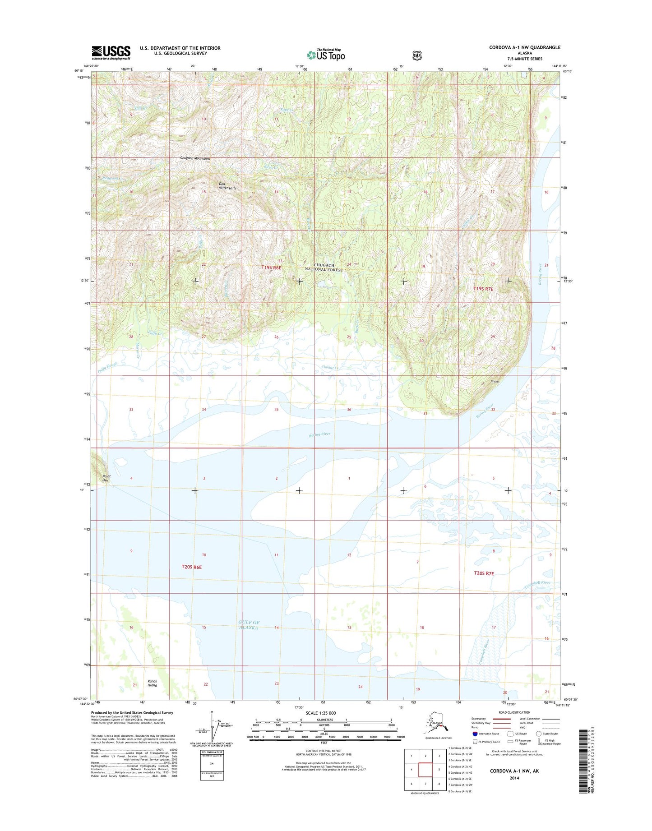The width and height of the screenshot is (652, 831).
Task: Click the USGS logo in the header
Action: click(x=111, y=52)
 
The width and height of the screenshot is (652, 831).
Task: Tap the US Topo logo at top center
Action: click(x=326, y=55)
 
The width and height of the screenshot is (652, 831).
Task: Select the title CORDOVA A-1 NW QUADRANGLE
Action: click(x=525, y=47)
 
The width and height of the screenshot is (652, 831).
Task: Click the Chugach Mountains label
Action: click(x=195, y=159)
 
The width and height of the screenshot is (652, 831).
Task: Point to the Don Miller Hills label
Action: click(x=227, y=186)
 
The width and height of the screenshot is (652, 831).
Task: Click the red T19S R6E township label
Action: click(x=271, y=268)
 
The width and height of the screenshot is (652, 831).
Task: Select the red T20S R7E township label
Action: click(x=484, y=573)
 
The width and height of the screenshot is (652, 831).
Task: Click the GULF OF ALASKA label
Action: click(x=249, y=625)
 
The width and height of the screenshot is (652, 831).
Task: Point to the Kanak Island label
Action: click(x=152, y=683)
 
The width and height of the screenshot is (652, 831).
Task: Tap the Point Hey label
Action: click(x=106, y=478)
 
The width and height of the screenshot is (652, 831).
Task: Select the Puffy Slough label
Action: click(x=107, y=367)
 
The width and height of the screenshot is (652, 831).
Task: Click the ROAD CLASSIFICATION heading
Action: click(x=515, y=712)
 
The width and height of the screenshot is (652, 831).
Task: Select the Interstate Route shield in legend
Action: click(x=475, y=734)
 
